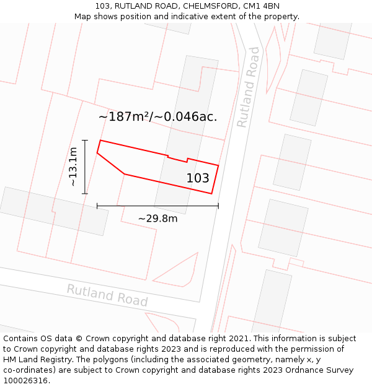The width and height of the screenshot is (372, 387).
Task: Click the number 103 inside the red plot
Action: (198, 178)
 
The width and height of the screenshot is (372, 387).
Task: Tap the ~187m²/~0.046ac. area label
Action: (157, 116)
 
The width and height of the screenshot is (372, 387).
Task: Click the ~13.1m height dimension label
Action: (73, 167)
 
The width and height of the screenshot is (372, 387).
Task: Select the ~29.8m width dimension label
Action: (157, 219)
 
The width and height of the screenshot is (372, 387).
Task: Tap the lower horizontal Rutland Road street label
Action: (107, 295)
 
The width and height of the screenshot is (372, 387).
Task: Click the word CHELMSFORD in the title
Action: (210, 6)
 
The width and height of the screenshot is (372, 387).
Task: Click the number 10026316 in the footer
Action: (25, 380)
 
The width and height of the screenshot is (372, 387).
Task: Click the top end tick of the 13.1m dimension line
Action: (85, 140)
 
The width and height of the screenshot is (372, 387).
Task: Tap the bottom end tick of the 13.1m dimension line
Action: (85, 193)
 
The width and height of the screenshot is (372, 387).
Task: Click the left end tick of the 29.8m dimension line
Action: (97, 206)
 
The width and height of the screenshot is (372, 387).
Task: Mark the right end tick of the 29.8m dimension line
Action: (218, 206)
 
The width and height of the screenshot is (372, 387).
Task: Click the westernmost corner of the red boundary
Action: (97, 153)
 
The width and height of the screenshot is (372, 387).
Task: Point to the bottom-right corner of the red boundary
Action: (212, 194)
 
